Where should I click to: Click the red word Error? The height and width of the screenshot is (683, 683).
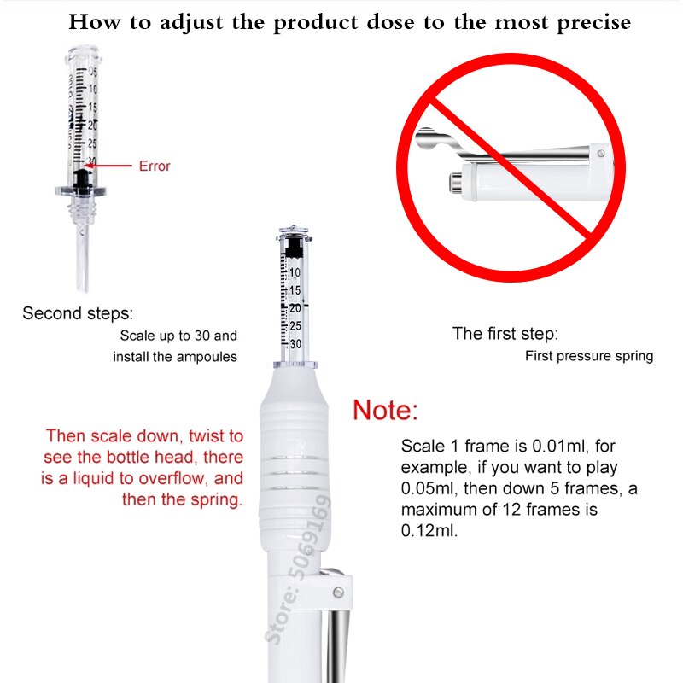tap(155, 166)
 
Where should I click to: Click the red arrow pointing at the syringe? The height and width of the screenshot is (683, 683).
tap(108, 166)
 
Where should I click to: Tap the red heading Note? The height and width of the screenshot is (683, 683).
tap(385, 410)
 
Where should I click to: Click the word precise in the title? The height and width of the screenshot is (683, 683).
tap(593, 22)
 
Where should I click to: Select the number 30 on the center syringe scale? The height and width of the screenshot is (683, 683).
tap(295, 344)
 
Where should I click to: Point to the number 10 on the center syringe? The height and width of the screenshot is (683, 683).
tap(295, 272)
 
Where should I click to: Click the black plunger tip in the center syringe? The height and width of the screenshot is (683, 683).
tap(294, 247)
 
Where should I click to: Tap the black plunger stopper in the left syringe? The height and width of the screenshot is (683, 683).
tap(82, 180)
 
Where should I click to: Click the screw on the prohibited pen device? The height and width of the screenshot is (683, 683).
tap(601, 153)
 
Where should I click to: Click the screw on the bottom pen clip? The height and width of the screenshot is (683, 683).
tap(338, 593)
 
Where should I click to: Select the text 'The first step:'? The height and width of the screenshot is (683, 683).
tap(505, 334)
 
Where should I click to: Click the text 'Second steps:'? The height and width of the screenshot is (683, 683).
tap(78, 313)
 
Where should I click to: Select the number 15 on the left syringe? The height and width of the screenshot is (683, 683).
tap(92, 108)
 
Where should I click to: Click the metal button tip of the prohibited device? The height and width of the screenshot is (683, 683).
tap(456, 183)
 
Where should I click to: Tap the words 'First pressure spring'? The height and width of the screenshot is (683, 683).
tap(589, 356)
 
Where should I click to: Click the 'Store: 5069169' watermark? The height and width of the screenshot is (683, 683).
tap(298, 569)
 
